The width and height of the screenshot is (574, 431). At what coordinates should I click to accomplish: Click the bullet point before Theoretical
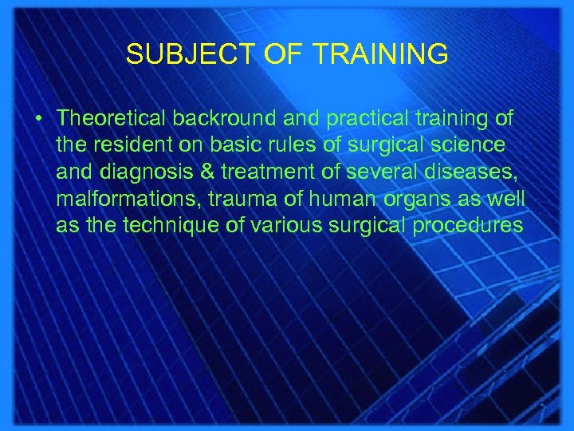point(38,118)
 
